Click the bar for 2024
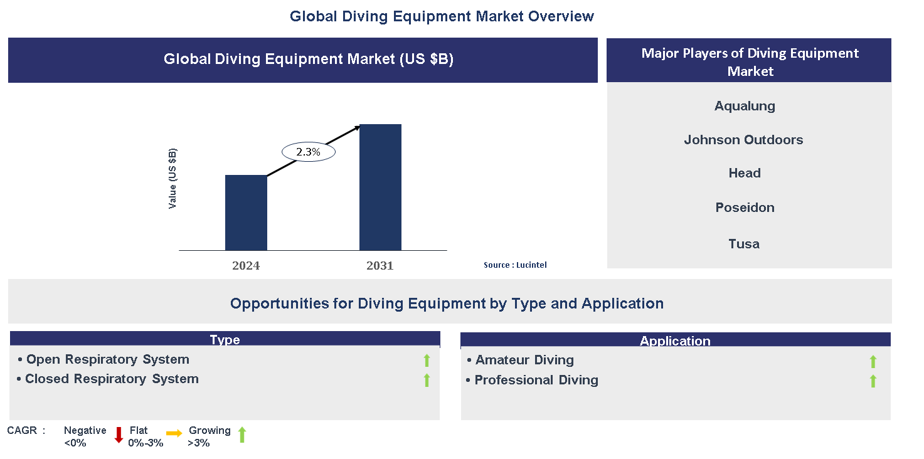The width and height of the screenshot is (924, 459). click(x=246, y=213)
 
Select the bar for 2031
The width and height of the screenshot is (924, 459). click(x=380, y=187)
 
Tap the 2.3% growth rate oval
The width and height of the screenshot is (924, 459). click(x=308, y=152)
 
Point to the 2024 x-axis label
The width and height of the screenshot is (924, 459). click(x=246, y=266)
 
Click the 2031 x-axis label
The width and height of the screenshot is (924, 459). click(x=380, y=266)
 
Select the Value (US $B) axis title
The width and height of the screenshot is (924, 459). click(x=173, y=179)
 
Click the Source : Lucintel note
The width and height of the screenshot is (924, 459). click(x=515, y=265)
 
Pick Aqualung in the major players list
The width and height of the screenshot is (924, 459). click(x=745, y=106)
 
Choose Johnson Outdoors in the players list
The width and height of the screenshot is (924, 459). click(x=743, y=140)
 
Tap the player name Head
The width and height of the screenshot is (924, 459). click(x=745, y=173)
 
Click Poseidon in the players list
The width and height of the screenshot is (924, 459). click(x=745, y=208)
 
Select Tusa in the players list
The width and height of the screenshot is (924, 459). click(x=744, y=244)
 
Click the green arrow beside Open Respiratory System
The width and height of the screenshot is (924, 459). click(x=427, y=360)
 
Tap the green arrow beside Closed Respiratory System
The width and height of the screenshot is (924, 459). click(x=427, y=380)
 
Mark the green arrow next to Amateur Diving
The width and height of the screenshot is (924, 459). click(x=873, y=361)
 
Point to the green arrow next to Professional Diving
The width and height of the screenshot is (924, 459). click(x=873, y=381)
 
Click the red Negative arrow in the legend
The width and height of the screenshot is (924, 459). click(x=119, y=435)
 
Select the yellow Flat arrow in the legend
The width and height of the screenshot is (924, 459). click(x=174, y=433)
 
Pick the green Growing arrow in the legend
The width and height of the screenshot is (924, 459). click(x=242, y=435)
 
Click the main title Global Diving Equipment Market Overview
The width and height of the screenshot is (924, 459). click(x=442, y=16)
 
